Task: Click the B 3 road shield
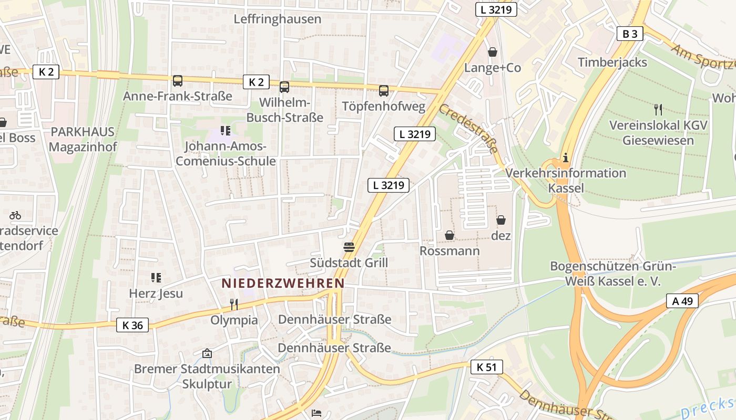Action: click(x=630, y=34)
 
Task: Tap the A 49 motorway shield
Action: click(x=682, y=301)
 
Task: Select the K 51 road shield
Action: click(x=486, y=367)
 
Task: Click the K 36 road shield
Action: click(x=132, y=325)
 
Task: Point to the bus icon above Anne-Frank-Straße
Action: click(x=178, y=81)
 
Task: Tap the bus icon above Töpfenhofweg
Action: click(x=384, y=91)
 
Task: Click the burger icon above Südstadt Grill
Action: click(x=349, y=247)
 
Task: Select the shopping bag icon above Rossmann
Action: click(x=449, y=235)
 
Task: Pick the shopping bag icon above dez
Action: click(x=501, y=220)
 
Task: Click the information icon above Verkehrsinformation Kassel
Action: click(x=566, y=157)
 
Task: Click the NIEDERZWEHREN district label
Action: click(x=283, y=283)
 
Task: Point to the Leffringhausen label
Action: click(x=277, y=19)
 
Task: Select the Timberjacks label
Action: click(x=612, y=62)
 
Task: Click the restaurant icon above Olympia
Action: click(x=234, y=304)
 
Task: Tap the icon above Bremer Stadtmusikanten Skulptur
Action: click(x=207, y=353)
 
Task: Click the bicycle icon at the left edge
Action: click(x=15, y=215)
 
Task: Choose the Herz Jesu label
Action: click(x=156, y=293)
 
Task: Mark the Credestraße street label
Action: click(x=468, y=128)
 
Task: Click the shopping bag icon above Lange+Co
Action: click(x=493, y=52)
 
